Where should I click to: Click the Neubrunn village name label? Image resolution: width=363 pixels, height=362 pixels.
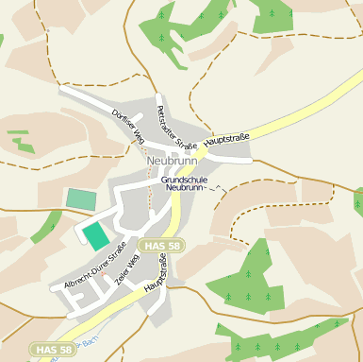tap(172, 161)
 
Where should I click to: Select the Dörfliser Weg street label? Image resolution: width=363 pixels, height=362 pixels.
tap(127, 127)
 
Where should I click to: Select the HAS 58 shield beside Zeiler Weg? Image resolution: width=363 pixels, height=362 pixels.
tap(161, 246)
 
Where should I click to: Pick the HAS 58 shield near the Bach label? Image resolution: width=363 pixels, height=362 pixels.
tap(53, 350)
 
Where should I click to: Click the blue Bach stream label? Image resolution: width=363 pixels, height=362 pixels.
tap(88, 339)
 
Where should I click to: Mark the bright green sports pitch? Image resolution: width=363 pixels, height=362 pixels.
tap(96, 236)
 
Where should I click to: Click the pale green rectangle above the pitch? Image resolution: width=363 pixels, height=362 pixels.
tap(81, 198)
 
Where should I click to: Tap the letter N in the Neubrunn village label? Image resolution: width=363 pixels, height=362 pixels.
tap(152, 161)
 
